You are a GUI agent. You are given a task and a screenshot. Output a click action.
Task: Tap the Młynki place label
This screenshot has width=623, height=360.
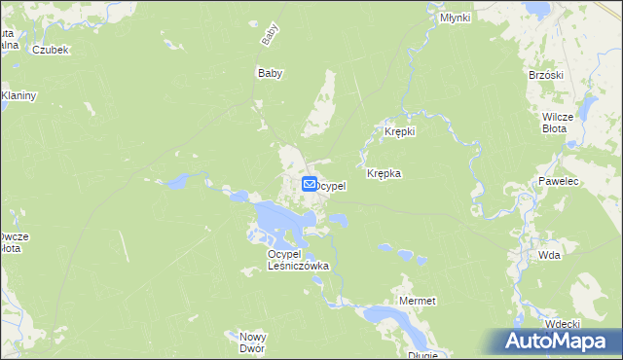click(455, 18)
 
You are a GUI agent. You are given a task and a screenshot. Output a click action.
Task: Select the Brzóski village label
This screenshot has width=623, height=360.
click(546, 75)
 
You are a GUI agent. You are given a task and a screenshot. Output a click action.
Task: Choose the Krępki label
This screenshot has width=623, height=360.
click(400, 131)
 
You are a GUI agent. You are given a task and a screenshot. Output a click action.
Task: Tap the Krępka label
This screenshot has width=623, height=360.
click(384, 173)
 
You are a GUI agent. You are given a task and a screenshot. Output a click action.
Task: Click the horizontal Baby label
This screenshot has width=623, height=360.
click(269, 73)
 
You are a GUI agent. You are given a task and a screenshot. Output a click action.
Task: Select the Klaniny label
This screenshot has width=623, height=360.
click(18, 95)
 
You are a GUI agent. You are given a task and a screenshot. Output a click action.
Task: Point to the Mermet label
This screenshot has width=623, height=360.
click(418, 302)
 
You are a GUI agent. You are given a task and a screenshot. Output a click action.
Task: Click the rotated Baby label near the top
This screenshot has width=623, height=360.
click(269, 36)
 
